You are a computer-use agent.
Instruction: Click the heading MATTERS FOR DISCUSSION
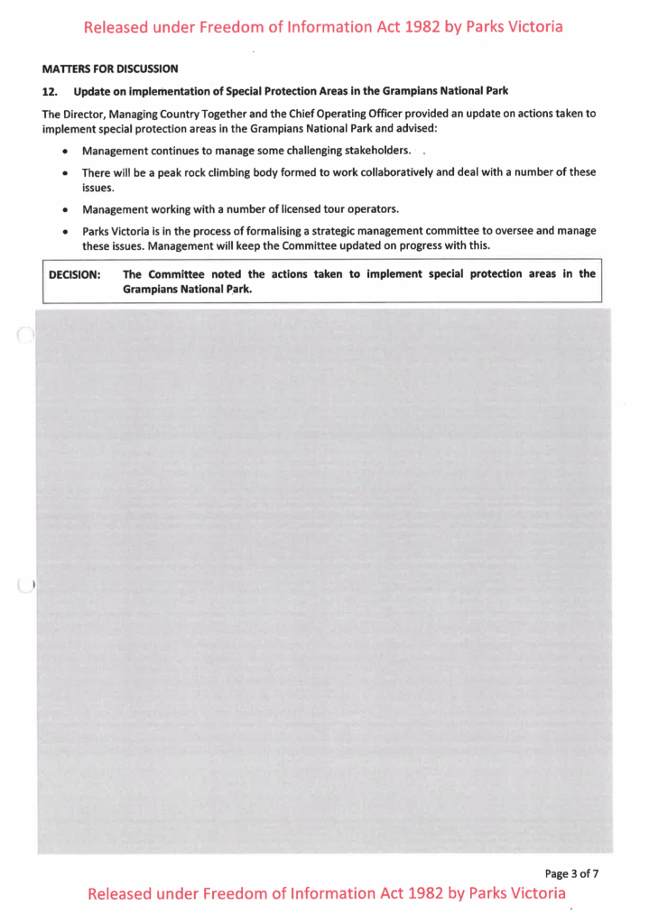110,69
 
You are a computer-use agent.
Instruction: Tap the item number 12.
50,91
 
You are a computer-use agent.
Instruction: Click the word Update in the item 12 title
93,91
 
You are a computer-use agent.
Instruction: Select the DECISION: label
74,274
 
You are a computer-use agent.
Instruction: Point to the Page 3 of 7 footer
571,872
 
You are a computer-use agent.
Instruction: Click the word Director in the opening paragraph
84,114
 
